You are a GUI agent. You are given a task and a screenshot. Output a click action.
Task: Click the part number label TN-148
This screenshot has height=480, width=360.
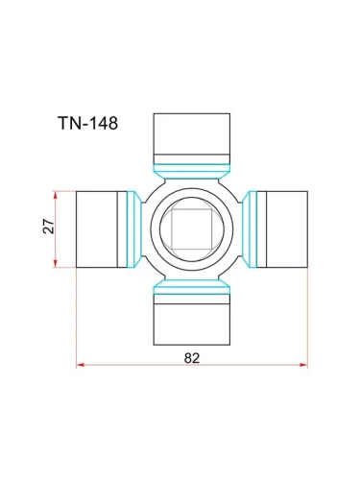(x=88, y=123)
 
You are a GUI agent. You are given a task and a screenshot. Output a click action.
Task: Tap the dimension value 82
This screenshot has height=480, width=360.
(x=192, y=358)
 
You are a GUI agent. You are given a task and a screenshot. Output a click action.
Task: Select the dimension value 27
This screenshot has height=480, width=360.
(x=49, y=227)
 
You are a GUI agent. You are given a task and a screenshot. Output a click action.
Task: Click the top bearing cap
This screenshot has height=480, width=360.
(x=192, y=138)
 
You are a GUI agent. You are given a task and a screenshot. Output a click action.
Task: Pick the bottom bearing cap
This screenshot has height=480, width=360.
(x=192, y=320)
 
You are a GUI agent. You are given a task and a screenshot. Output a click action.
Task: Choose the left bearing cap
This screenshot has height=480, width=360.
(x=102, y=229)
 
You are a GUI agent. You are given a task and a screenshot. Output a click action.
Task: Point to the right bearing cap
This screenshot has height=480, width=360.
(x=282, y=229)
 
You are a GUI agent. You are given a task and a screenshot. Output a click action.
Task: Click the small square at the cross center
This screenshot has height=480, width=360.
(x=192, y=229)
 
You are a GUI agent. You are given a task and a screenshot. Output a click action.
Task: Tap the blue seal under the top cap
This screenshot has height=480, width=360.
(x=192, y=171)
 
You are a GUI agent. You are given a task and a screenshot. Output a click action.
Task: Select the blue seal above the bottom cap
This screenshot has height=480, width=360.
(x=192, y=287)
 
